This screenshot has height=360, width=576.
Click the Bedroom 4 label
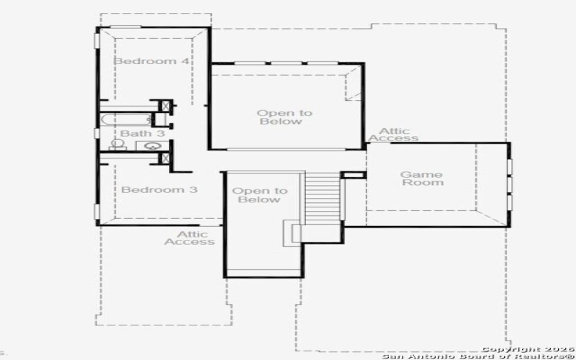tap(151, 61)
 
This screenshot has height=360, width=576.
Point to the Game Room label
tap(421, 179)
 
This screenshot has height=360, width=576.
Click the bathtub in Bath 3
tap(127, 120)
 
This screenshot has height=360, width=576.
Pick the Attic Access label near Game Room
tap(393, 135)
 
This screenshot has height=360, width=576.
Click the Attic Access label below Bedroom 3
tap(189, 238)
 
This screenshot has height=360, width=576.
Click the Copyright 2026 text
tap(528, 348)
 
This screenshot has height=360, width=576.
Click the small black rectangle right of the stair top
tap(353, 175)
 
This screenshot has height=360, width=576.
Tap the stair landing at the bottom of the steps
tap(296, 232)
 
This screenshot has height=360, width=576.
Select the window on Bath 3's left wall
tap(96, 133)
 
